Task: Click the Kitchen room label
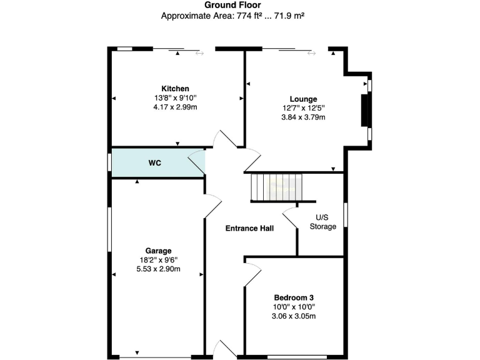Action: click(175, 89)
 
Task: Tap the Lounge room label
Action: click(303, 99)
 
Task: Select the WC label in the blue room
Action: click(156, 163)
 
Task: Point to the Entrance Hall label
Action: click(249, 228)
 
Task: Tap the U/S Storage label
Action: click(323, 222)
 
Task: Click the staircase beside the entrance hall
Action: click(276, 187)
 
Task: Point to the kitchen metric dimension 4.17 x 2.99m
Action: click(175, 107)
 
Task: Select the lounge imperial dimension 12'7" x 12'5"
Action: click(303, 108)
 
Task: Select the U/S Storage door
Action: click(289, 217)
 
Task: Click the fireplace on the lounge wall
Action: click(364, 111)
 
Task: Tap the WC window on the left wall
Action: click(109, 162)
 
